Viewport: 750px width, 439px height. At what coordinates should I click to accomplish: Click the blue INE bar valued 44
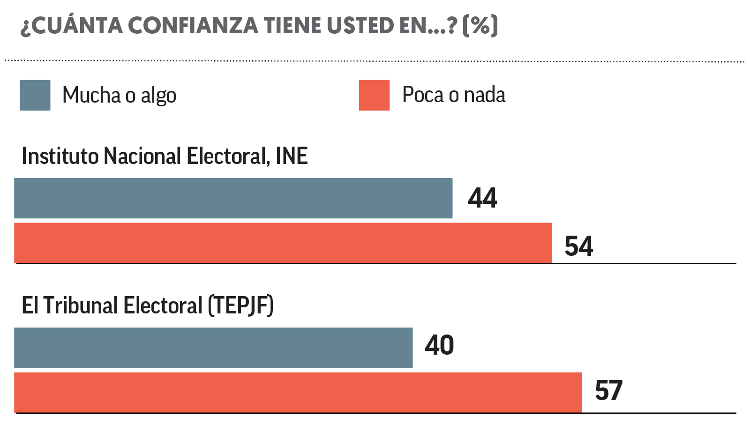233,198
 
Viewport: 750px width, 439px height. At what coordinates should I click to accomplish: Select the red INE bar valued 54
283,243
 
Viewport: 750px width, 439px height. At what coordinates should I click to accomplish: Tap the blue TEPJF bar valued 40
213,348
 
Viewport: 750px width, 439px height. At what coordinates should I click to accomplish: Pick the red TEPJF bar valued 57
298,393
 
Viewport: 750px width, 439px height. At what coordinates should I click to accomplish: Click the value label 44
482,198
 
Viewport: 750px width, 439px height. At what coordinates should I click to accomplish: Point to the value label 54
579,246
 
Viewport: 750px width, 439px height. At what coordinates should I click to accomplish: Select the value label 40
439,345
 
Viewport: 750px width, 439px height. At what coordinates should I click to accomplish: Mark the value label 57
608,391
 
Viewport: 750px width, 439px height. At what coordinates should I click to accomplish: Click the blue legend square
35,95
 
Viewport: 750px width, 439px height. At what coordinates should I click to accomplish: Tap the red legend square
374,95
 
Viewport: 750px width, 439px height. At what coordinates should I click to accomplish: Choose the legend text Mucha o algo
119,96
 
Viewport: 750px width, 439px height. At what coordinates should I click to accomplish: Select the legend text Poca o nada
454,95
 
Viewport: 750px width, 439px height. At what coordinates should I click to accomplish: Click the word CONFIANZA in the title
193,25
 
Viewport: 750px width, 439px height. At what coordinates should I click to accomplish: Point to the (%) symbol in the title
480,25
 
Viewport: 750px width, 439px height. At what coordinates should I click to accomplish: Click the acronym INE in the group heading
292,156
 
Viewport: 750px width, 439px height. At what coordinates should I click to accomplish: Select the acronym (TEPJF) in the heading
241,305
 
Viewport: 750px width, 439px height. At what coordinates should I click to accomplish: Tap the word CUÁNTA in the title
77,25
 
